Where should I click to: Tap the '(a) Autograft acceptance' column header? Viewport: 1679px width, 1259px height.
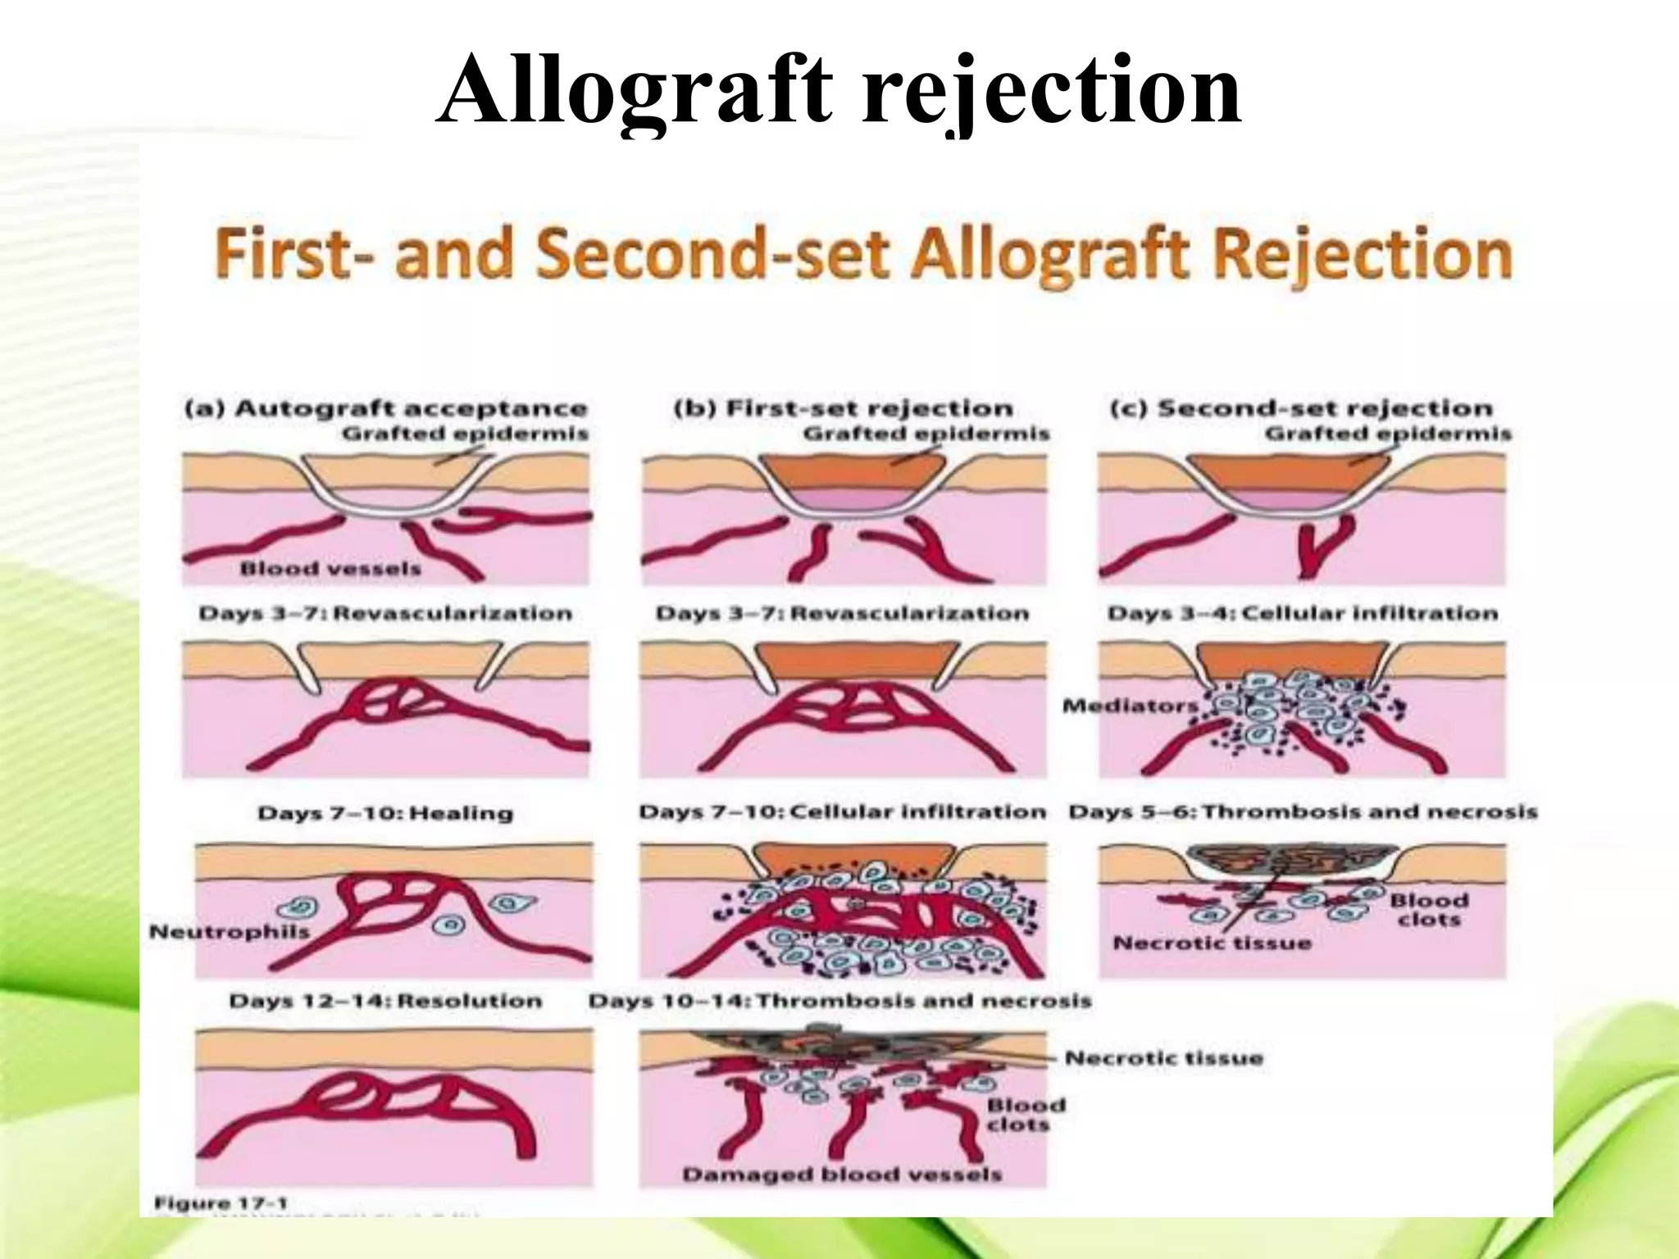pyautogui.click(x=385, y=409)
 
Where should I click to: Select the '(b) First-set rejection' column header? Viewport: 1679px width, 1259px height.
pyautogui.click(x=844, y=409)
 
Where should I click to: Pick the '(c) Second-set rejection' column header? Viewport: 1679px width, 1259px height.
pyautogui.click(x=1301, y=409)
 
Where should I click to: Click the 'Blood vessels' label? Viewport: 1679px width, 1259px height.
pyautogui.click(x=330, y=569)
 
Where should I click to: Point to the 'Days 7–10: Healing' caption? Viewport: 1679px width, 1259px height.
pyautogui.click(x=385, y=814)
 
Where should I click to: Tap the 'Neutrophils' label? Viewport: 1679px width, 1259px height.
pyautogui.click(x=230, y=931)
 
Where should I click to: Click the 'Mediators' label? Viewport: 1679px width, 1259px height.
pyautogui.click(x=1130, y=706)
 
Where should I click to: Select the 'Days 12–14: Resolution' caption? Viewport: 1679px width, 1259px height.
pyautogui.click(x=385, y=1001)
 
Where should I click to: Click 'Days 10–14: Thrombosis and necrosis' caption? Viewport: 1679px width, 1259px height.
pyautogui.click(x=840, y=1001)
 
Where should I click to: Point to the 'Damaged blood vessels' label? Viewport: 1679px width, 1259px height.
pyautogui.click(x=842, y=1175)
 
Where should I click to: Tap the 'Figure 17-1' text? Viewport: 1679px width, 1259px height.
pyautogui.click(x=221, y=1203)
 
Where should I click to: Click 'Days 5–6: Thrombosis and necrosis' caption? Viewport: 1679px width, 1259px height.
pyautogui.click(x=1303, y=812)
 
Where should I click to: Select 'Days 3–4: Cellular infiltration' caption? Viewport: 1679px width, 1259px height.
pyautogui.click(x=1303, y=613)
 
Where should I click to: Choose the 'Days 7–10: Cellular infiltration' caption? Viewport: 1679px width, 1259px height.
pyautogui.click(x=843, y=812)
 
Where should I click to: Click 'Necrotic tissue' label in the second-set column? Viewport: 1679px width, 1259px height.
pyautogui.click(x=1212, y=943)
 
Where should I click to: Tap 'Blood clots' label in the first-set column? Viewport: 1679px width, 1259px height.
pyautogui.click(x=1026, y=1115)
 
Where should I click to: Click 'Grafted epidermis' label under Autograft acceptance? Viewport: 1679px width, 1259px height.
pyautogui.click(x=465, y=434)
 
